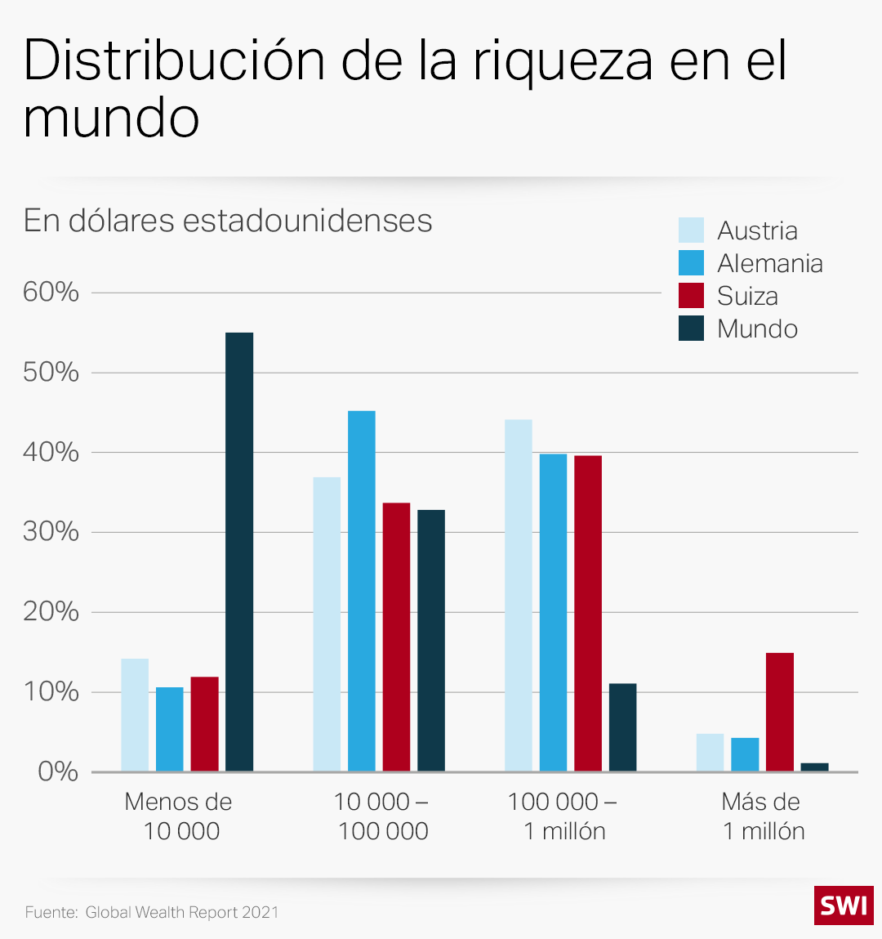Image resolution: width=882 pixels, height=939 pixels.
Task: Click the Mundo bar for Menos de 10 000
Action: coord(239,552)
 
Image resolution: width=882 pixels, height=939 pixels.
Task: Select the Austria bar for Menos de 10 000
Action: coord(135,715)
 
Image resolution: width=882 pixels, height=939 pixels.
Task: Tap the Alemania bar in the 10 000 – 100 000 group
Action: coord(362,591)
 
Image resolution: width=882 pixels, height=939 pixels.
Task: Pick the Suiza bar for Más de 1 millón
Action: coord(780,712)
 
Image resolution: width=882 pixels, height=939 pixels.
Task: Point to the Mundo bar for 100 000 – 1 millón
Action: coord(622,727)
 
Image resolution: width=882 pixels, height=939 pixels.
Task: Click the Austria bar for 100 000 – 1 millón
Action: coord(519,595)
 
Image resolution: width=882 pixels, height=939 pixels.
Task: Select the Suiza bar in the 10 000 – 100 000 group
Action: coord(396,637)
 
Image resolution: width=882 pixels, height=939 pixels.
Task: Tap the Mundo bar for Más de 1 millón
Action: coord(814,767)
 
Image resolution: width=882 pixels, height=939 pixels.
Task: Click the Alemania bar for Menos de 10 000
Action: coord(170,729)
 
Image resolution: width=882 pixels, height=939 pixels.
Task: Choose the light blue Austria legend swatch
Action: coord(691,230)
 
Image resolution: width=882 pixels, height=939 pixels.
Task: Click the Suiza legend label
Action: coord(747,296)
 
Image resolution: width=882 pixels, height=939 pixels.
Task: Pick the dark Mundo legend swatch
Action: coord(691,329)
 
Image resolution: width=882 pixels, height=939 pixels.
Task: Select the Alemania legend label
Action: coord(769,263)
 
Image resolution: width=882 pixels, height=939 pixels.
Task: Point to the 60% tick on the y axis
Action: coord(51,292)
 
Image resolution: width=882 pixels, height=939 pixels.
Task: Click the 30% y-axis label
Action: coord(51,532)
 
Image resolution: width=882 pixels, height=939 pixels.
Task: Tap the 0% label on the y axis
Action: coord(57,771)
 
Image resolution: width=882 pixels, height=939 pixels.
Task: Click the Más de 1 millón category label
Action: coord(763,816)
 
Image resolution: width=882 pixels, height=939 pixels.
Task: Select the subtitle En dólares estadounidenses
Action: coord(228,221)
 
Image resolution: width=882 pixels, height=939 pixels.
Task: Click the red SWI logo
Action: coord(844,905)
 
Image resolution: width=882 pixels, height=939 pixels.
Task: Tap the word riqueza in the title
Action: coord(563,60)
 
